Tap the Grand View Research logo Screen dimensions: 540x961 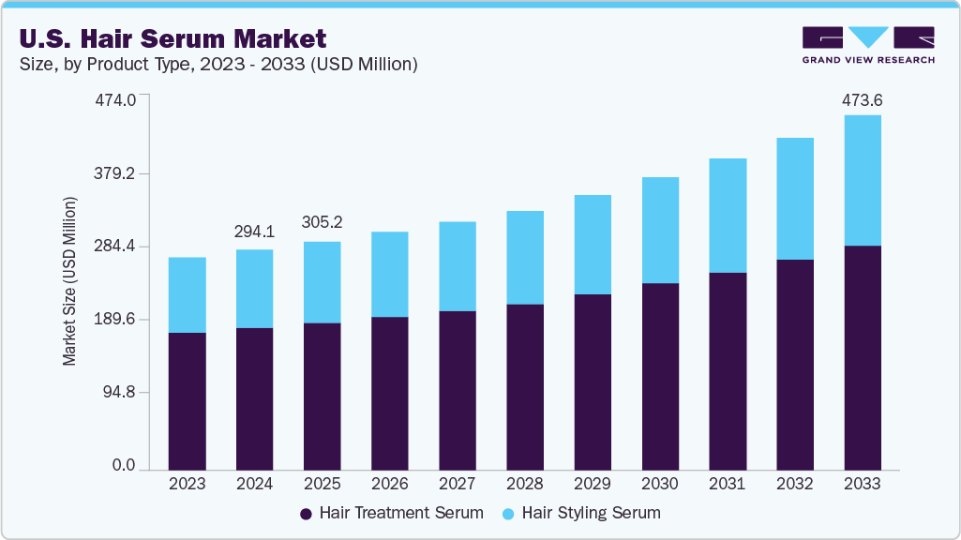coord(868,45)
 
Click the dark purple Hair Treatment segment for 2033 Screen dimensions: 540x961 coord(863,357)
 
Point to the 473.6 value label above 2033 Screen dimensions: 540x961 coord(863,100)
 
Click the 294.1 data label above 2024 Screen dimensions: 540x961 coord(255,232)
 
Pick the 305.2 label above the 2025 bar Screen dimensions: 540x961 coord(322,223)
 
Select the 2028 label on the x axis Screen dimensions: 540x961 coord(524,484)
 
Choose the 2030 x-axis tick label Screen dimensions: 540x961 coord(659,484)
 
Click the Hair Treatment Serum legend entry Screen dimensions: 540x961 coord(391,513)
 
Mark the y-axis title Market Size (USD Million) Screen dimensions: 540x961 coord(69,281)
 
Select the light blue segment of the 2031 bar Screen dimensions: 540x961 coord(728,216)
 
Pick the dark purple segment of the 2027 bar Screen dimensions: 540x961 coord(457,390)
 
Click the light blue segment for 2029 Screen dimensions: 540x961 coord(592,245)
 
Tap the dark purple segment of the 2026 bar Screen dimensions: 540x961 coord(389,393)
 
